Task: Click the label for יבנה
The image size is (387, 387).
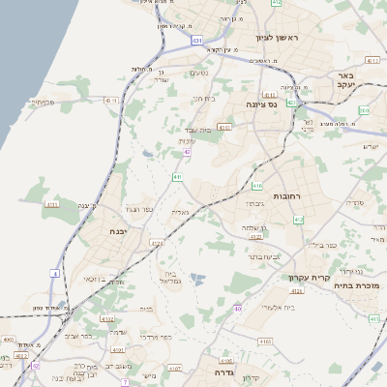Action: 119,231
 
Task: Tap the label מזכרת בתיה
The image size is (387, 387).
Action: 353,285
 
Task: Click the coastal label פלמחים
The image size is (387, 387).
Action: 40,102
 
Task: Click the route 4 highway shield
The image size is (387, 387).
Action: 55,274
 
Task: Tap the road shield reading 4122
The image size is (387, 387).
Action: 107,318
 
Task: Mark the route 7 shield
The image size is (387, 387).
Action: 125,382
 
